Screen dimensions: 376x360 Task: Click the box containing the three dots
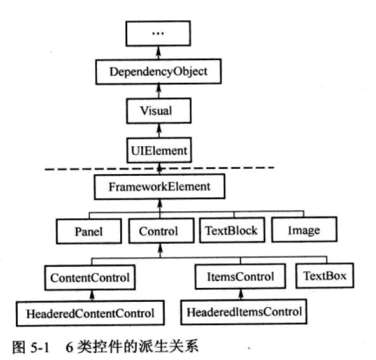(158, 34)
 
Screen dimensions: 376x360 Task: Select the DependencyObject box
(158, 71)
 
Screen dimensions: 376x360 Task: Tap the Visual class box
(159, 111)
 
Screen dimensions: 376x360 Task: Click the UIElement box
(159, 151)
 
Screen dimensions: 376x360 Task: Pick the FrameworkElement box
(160, 187)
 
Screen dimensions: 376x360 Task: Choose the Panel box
(89, 232)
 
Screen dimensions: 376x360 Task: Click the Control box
(161, 231)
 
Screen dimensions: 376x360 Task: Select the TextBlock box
(232, 230)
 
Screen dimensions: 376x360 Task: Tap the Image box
(304, 230)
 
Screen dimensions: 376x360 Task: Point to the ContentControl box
(90, 278)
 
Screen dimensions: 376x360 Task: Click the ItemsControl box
(241, 276)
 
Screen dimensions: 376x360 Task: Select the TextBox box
(325, 275)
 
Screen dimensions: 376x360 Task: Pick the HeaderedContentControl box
(90, 313)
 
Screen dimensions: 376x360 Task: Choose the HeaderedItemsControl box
(244, 312)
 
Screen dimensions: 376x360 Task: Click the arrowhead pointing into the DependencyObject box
(158, 87)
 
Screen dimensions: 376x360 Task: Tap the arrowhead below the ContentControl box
(92, 294)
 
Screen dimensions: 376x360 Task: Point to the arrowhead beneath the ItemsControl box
(241, 293)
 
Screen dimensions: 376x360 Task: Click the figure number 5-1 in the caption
(40, 347)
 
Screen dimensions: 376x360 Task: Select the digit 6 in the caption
(69, 347)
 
